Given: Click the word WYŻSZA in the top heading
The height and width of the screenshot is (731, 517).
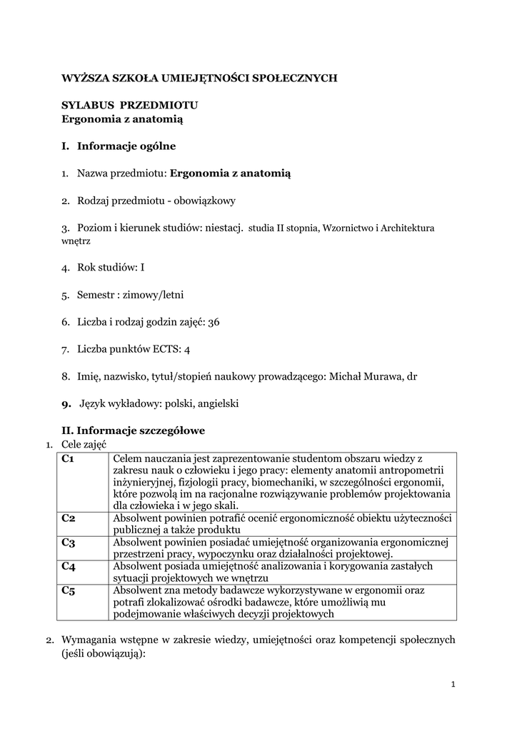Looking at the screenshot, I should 83,79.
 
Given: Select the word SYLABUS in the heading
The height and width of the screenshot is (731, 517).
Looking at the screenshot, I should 85,105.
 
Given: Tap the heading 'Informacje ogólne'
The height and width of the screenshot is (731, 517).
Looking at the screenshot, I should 126,146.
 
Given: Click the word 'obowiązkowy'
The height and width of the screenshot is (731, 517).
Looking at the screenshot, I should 202,201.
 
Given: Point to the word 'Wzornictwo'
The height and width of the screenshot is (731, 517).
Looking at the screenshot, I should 348,228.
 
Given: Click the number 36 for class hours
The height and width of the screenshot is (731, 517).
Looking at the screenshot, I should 214,322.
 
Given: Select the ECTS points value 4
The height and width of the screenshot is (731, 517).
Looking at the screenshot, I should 187,349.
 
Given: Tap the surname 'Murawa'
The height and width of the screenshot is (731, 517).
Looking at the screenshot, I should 385,376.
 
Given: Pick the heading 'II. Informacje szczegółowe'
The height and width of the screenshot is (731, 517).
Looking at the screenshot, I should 134,430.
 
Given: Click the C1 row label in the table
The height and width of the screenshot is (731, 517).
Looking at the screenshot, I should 69,459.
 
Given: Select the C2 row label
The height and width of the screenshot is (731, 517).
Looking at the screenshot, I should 69,519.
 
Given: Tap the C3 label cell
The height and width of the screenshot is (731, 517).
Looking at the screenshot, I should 69,543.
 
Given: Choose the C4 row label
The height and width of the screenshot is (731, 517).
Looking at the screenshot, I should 69,566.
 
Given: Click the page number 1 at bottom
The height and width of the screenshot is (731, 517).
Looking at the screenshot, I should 453,685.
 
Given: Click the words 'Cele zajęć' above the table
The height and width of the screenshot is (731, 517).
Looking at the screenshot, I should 84,444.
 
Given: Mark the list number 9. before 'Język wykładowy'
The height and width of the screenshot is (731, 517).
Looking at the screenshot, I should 66,403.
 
